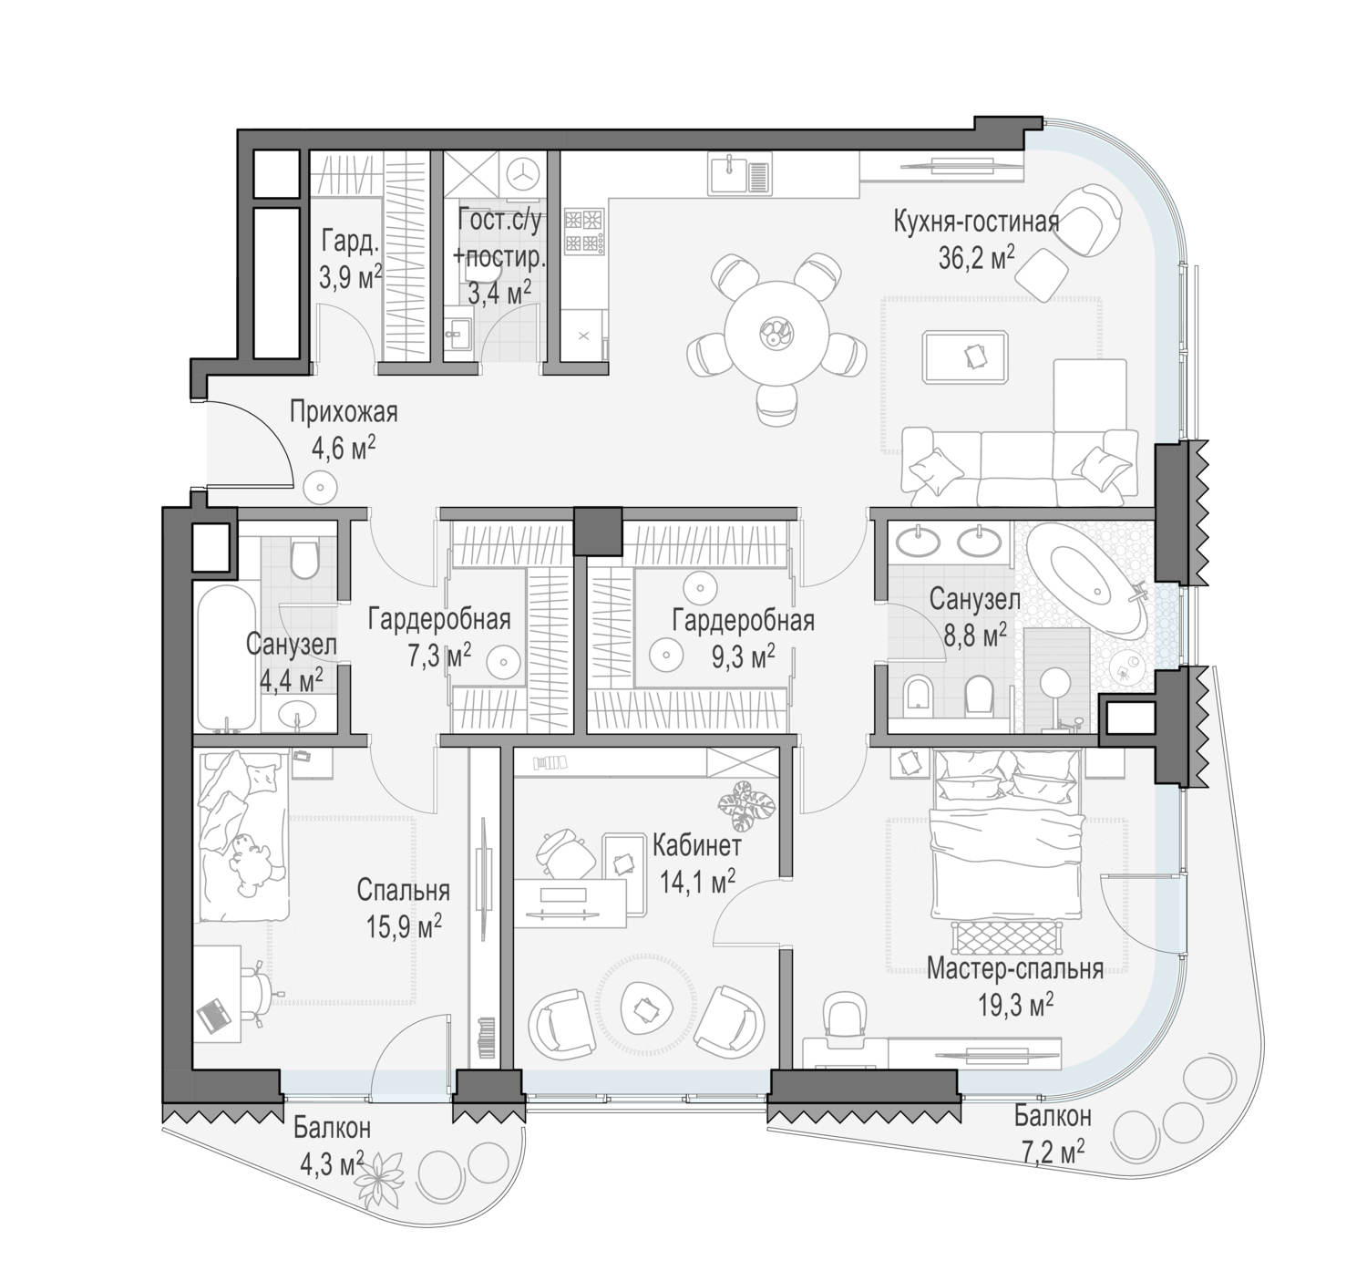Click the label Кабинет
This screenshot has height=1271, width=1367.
(696, 844)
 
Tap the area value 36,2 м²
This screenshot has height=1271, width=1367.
(976, 258)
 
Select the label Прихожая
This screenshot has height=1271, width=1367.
(344, 413)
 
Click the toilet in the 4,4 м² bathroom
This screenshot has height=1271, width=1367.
(305, 560)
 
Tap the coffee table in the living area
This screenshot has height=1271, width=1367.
(966, 356)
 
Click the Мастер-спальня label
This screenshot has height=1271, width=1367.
(1015, 968)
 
